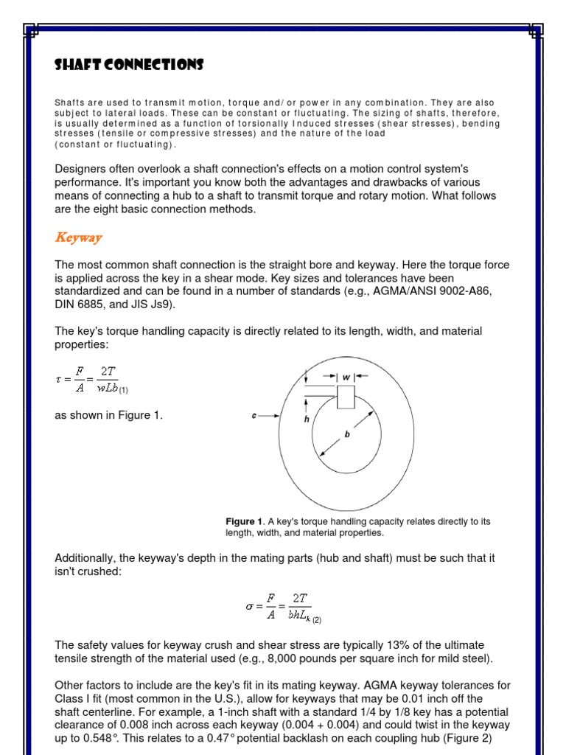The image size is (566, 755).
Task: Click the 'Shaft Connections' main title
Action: tap(129, 65)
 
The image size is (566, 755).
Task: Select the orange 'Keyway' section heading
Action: tap(78, 237)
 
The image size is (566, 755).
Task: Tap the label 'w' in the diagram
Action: tap(346, 377)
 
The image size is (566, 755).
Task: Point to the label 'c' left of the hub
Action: tap(254, 416)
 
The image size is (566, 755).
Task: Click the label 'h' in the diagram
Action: tap(306, 418)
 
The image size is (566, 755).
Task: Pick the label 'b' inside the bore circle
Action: tap(347, 435)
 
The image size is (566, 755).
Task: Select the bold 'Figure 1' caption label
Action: tap(244, 521)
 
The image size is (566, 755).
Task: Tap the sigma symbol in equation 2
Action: tap(249, 607)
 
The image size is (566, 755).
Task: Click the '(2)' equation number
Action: tap(315, 620)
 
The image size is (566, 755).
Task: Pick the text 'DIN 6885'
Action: tap(78, 305)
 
